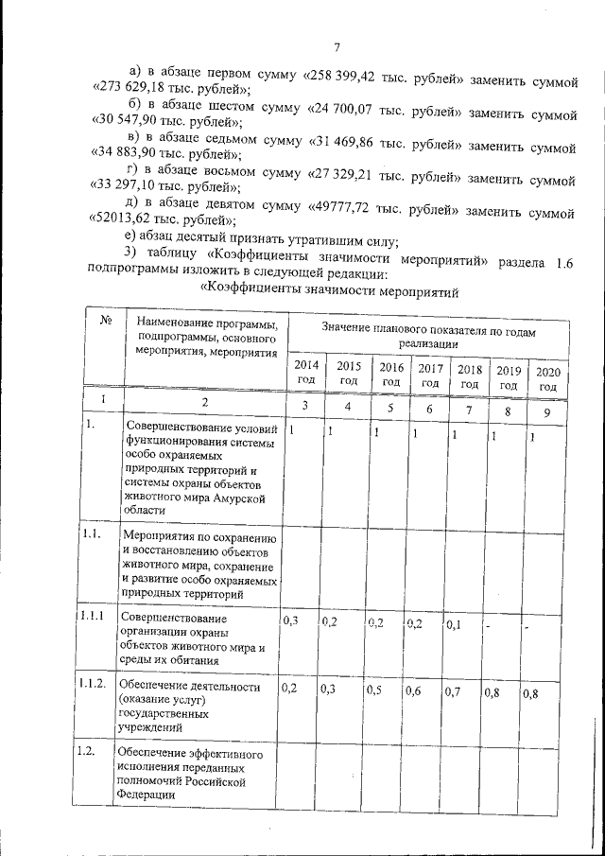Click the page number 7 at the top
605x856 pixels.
tap(337, 50)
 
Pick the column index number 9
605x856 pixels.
tap(546, 413)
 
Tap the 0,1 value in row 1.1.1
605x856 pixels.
tap(455, 624)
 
